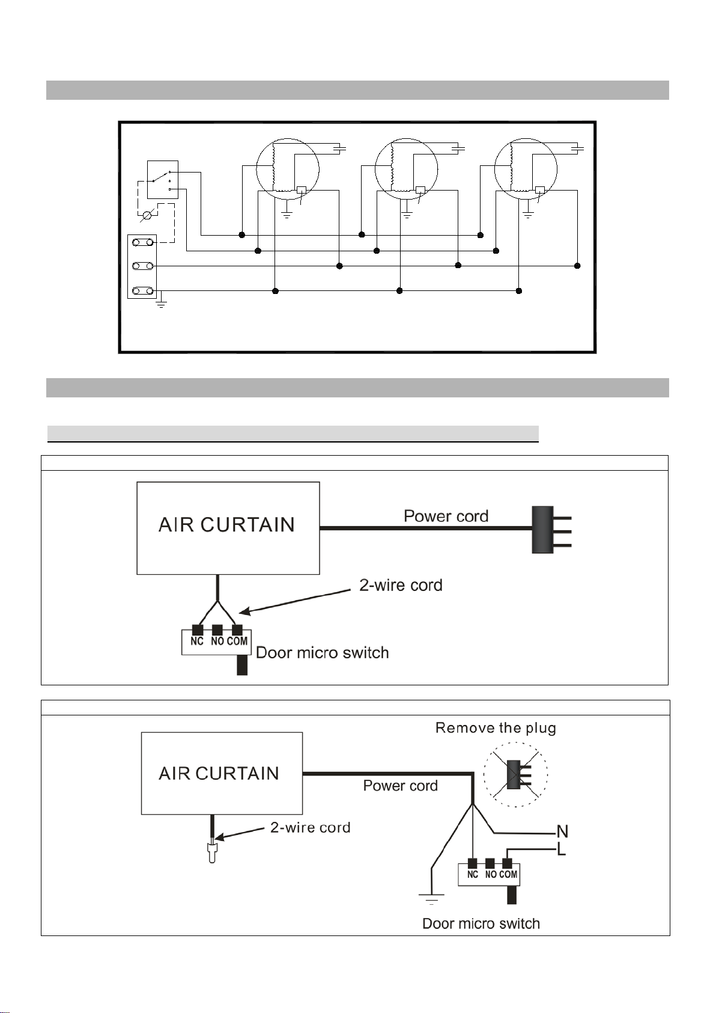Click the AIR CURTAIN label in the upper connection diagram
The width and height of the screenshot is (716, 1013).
coord(226,525)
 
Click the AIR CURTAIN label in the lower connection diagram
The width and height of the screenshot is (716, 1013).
coord(219,773)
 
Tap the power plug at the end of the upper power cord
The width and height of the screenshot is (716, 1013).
coord(551,530)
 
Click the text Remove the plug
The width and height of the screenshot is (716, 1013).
coord(496,728)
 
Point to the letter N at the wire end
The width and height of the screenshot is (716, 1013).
coord(562,831)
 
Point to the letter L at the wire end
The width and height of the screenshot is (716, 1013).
coord(562,849)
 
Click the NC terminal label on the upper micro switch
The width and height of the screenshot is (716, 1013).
coord(197,641)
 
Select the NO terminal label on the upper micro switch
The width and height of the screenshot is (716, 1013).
coord(217,641)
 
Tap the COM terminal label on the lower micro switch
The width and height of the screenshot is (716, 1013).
coord(508,874)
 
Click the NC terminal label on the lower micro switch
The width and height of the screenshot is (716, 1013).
coord(473,874)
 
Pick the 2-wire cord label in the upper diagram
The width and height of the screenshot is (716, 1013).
coord(401,585)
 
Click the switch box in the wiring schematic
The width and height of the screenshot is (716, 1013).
coord(163,180)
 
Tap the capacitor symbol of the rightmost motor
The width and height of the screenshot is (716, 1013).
coord(578,148)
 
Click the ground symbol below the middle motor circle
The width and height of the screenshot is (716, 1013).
coord(407,215)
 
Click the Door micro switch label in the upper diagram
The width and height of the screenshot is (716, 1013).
coord(322,652)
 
